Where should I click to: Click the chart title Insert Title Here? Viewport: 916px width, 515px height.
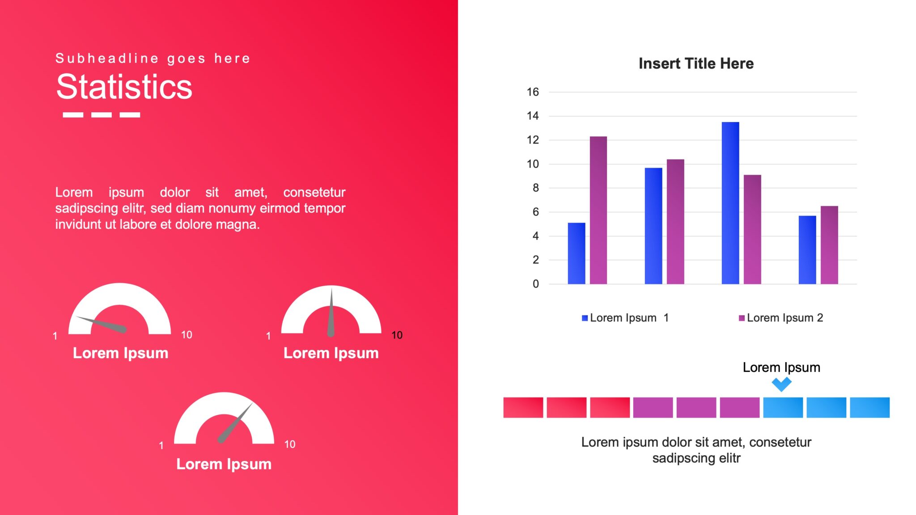click(696, 63)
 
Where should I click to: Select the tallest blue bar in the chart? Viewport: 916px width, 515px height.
click(730, 203)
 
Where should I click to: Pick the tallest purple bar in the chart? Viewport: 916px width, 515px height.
click(598, 210)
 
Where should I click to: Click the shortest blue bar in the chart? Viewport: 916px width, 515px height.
click(576, 253)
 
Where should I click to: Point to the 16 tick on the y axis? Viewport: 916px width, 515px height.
click(533, 92)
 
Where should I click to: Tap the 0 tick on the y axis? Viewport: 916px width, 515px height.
click(535, 284)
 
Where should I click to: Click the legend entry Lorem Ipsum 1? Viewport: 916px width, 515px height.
click(625, 318)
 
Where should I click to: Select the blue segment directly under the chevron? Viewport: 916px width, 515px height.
click(783, 407)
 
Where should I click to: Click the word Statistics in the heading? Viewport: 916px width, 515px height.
click(124, 87)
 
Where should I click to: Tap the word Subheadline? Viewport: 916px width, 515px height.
click(107, 59)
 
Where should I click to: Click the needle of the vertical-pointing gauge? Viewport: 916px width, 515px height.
click(331, 313)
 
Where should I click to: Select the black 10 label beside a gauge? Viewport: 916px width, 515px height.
click(397, 335)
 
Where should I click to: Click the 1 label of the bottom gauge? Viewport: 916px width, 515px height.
click(161, 445)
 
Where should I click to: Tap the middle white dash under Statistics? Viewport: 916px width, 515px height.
click(102, 115)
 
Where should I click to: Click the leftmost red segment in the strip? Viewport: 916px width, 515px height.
click(523, 407)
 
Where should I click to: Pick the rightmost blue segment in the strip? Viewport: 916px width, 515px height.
click(869, 407)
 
